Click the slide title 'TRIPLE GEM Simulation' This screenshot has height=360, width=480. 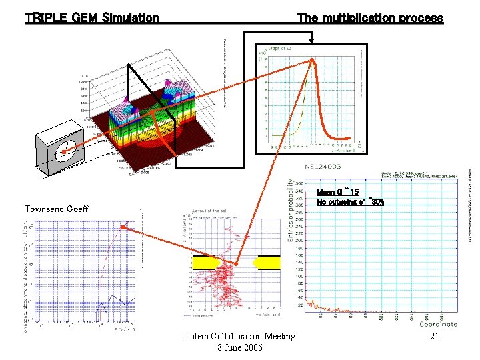(91, 18)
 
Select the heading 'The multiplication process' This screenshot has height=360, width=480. (369, 18)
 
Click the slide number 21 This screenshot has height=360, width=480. (434, 337)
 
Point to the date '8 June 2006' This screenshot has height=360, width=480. (240, 348)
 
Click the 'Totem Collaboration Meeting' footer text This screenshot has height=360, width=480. (239, 336)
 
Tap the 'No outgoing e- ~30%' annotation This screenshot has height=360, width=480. (350, 201)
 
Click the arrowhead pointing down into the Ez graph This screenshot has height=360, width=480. (311, 55)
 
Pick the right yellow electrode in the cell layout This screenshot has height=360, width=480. (267, 262)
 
